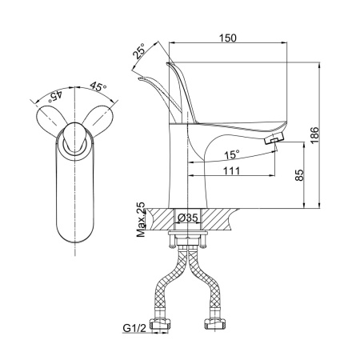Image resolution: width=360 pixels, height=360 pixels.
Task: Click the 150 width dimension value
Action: (x=228, y=38)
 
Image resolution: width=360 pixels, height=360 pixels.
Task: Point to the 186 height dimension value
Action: (x=314, y=135)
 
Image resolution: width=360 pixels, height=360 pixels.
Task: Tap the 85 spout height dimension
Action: (x=299, y=175)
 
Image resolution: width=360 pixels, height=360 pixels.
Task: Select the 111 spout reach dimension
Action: (x=231, y=170)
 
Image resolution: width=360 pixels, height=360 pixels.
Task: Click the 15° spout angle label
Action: (x=231, y=154)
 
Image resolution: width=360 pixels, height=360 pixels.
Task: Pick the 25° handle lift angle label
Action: (x=139, y=50)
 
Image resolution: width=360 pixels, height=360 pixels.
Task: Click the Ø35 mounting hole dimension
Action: (x=188, y=218)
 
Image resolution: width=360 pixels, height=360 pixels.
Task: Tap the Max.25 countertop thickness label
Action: (x=141, y=220)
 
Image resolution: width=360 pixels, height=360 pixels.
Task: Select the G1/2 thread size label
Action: (x=134, y=328)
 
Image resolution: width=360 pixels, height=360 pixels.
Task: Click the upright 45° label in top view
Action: (x=98, y=86)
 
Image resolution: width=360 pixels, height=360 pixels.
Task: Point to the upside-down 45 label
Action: (x=55, y=97)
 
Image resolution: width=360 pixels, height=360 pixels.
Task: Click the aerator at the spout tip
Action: (x=274, y=138)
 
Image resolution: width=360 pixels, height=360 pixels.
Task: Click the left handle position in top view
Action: (x=51, y=120)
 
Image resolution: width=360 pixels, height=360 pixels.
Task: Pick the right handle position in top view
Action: (x=98, y=120)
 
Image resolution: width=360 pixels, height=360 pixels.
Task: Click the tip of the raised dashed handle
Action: (x=140, y=78)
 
